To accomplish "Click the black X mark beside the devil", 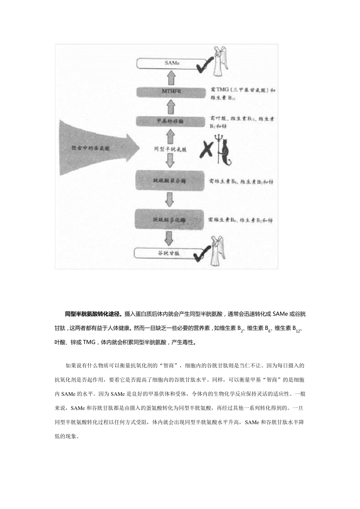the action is click(206, 149).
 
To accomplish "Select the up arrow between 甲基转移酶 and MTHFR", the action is click(171, 106).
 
